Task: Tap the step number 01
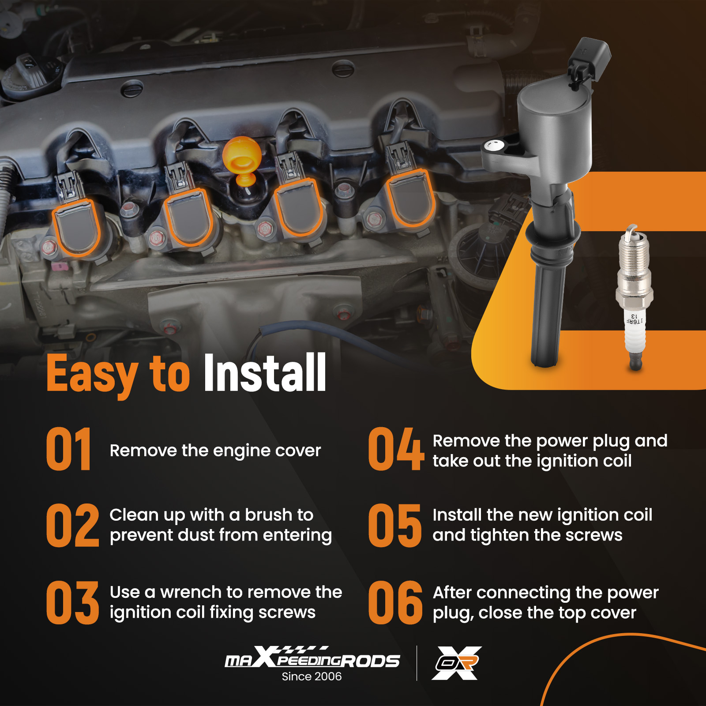(69, 449)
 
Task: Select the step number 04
(396, 449)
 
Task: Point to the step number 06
(395, 602)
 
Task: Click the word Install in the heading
(265, 373)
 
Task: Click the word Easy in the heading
(92, 375)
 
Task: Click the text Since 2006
(312, 676)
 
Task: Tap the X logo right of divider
(457, 663)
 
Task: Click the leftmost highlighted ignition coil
(76, 227)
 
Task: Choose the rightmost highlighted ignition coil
(410, 197)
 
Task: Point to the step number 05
(395, 526)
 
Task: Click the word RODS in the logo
(370, 661)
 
